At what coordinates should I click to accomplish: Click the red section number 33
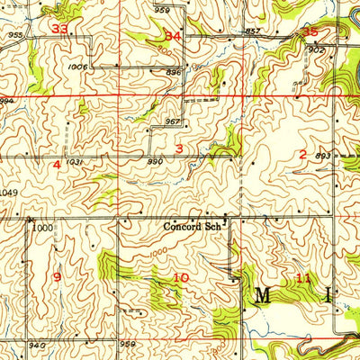61,29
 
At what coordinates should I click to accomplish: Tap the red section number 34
174,35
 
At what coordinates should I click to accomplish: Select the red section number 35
311,31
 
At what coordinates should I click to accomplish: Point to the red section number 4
57,165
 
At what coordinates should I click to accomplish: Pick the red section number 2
302,154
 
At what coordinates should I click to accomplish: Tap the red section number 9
57,276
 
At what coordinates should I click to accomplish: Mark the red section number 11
303,279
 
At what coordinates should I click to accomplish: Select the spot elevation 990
155,162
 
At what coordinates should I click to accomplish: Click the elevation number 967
174,121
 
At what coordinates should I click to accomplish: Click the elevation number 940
36,345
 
